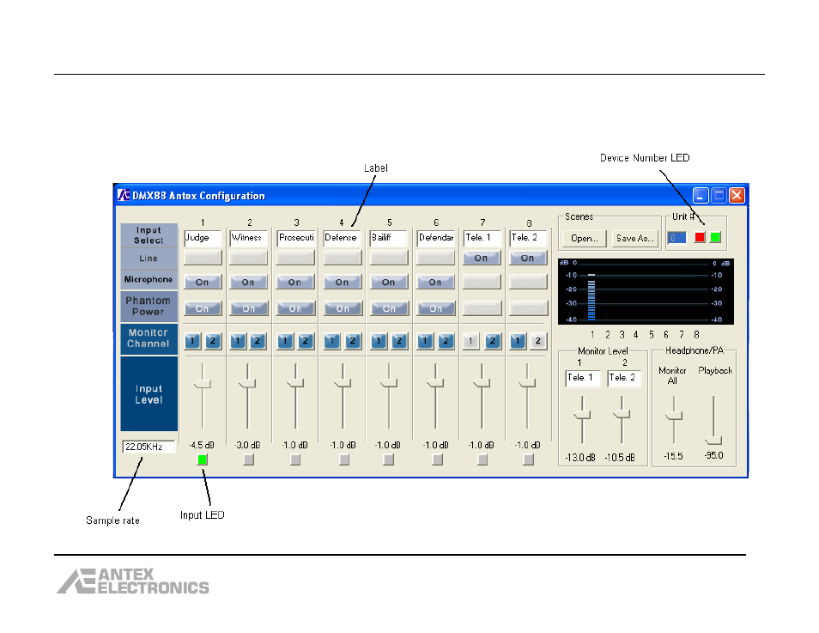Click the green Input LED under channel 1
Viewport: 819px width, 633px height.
(x=202, y=460)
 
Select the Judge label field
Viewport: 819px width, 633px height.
(x=203, y=238)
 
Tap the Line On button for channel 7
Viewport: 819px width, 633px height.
(x=482, y=258)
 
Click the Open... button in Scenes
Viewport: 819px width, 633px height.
(x=585, y=239)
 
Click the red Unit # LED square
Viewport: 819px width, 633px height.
(x=700, y=237)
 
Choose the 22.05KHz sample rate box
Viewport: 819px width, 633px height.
(x=149, y=447)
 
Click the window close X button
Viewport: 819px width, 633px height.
(x=737, y=196)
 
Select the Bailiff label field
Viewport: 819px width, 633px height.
(x=388, y=238)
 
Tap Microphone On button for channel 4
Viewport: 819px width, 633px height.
(x=343, y=283)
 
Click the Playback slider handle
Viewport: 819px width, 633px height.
(x=713, y=440)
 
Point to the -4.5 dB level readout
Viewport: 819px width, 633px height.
(x=202, y=446)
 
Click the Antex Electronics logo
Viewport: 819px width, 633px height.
(x=133, y=581)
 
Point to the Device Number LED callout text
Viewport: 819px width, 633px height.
(x=645, y=158)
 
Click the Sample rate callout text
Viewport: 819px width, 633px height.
(x=112, y=520)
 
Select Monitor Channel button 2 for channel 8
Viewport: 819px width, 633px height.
(x=538, y=341)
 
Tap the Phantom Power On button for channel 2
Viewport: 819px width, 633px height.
(x=249, y=308)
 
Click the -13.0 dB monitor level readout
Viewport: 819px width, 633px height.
(x=580, y=458)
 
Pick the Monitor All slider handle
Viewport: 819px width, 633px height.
(x=674, y=416)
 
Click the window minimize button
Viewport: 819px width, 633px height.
(x=701, y=196)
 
